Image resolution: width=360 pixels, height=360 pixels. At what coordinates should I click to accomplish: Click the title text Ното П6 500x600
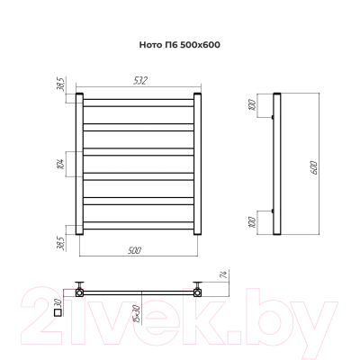(180, 45)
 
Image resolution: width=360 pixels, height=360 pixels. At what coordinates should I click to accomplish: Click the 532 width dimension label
(140, 81)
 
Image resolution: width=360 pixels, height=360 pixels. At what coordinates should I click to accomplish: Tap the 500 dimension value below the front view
(134, 250)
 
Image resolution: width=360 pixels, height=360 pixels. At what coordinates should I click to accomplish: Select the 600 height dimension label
(313, 168)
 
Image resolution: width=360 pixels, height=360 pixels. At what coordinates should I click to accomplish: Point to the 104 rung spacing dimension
(60, 164)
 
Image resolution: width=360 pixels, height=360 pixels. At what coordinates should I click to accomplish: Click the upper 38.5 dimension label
(61, 85)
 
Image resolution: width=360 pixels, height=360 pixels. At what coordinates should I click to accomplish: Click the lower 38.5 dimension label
(61, 243)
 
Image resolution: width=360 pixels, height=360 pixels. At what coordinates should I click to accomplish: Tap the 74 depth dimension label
(226, 274)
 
